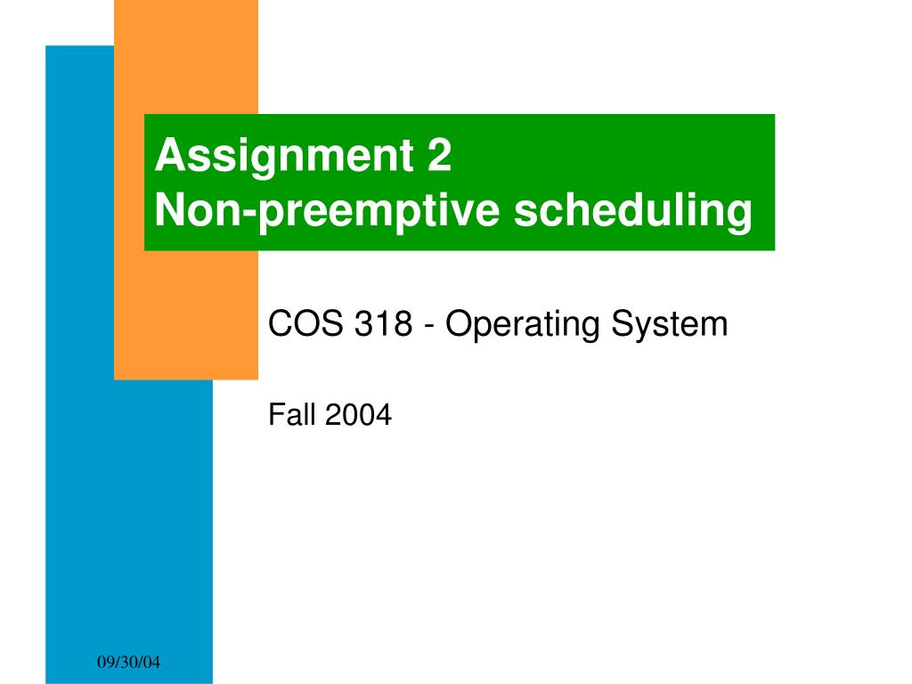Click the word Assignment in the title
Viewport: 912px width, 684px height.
284,156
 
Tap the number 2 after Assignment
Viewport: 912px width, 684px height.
439,155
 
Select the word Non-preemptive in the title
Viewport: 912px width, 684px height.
327,210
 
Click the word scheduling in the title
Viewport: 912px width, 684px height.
633,210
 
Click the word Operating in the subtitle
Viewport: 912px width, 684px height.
522,324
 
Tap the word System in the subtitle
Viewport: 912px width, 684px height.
670,324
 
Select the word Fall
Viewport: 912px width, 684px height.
292,415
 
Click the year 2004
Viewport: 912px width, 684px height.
358,415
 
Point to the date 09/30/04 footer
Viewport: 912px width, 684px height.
128,662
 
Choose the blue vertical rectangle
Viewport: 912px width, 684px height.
129,524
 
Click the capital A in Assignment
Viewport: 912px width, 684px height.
170,155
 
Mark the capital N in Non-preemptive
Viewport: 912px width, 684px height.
169,209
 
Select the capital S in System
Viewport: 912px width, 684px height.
624,323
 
